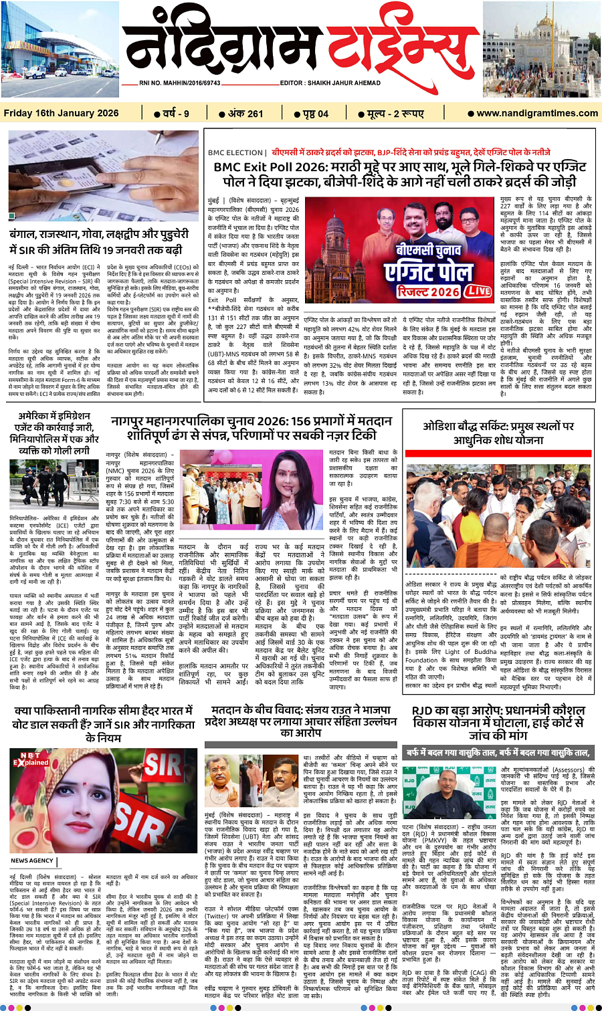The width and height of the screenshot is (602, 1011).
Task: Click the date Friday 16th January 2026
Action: click(61, 113)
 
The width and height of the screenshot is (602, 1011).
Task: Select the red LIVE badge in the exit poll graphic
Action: click(478, 291)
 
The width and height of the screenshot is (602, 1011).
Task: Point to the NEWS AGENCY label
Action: click(32, 861)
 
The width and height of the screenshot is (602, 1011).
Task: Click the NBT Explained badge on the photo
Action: click(31, 759)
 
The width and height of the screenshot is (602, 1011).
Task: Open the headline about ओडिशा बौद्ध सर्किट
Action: click(498, 433)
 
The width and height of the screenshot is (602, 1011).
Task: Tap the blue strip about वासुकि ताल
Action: click(497, 752)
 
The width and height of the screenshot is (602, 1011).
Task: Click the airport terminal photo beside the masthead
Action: click(60, 50)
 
